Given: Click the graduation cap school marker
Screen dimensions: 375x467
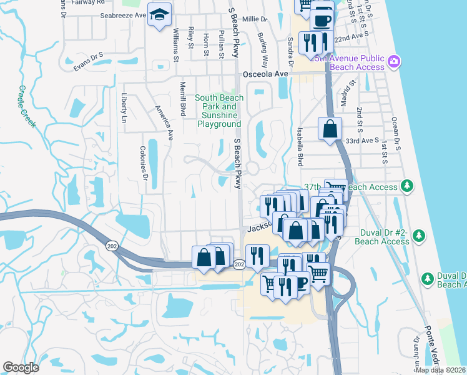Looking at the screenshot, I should point(159,14).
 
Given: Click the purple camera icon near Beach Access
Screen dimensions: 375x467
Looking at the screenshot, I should point(394,61).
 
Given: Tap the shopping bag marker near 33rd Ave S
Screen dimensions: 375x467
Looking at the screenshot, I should point(330,129).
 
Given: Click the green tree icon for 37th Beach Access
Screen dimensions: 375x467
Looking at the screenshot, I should point(406,186).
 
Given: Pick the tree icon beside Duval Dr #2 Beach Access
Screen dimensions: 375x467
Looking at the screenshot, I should point(419,236).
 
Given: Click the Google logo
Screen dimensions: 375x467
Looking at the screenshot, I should point(21,367).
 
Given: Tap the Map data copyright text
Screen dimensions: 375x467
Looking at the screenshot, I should point(440,370).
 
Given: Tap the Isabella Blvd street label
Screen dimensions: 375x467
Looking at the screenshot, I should point(300,152).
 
